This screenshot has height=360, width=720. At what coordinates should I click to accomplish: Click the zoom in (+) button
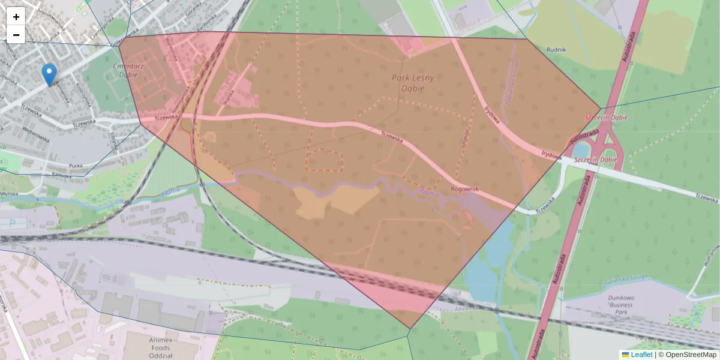click(x=16, y=17)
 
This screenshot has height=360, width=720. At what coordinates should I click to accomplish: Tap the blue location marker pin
click(x=50, y=74)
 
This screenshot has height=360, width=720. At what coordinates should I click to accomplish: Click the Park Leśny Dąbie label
click(x=413, y=83)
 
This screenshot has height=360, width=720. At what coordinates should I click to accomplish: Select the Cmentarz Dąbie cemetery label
click(x=125, y=71)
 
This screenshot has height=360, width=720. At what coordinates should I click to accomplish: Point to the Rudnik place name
click(x=557, y=50)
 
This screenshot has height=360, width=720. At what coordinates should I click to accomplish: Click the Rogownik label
click(x=465, y=190)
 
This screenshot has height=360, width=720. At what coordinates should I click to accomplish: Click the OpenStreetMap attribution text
click(x=691, y=355)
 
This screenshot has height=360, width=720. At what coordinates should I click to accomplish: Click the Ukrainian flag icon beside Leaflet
click(x=625, y=355)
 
